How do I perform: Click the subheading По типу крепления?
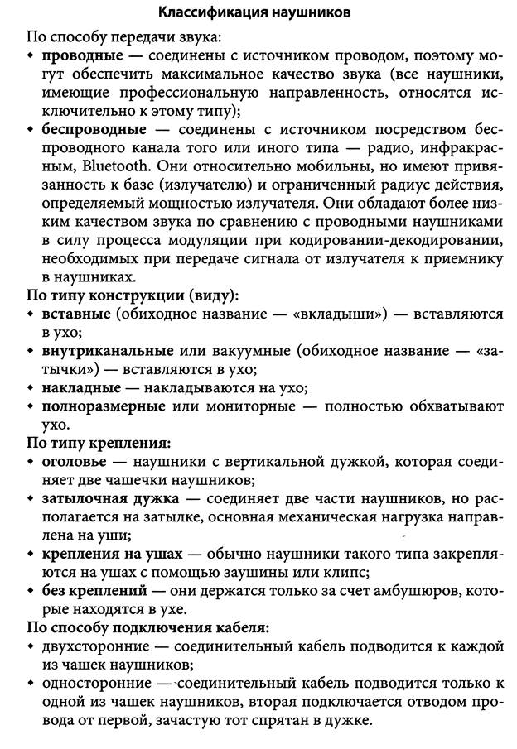click(99, 443)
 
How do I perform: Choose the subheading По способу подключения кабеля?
click(153, 627)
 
